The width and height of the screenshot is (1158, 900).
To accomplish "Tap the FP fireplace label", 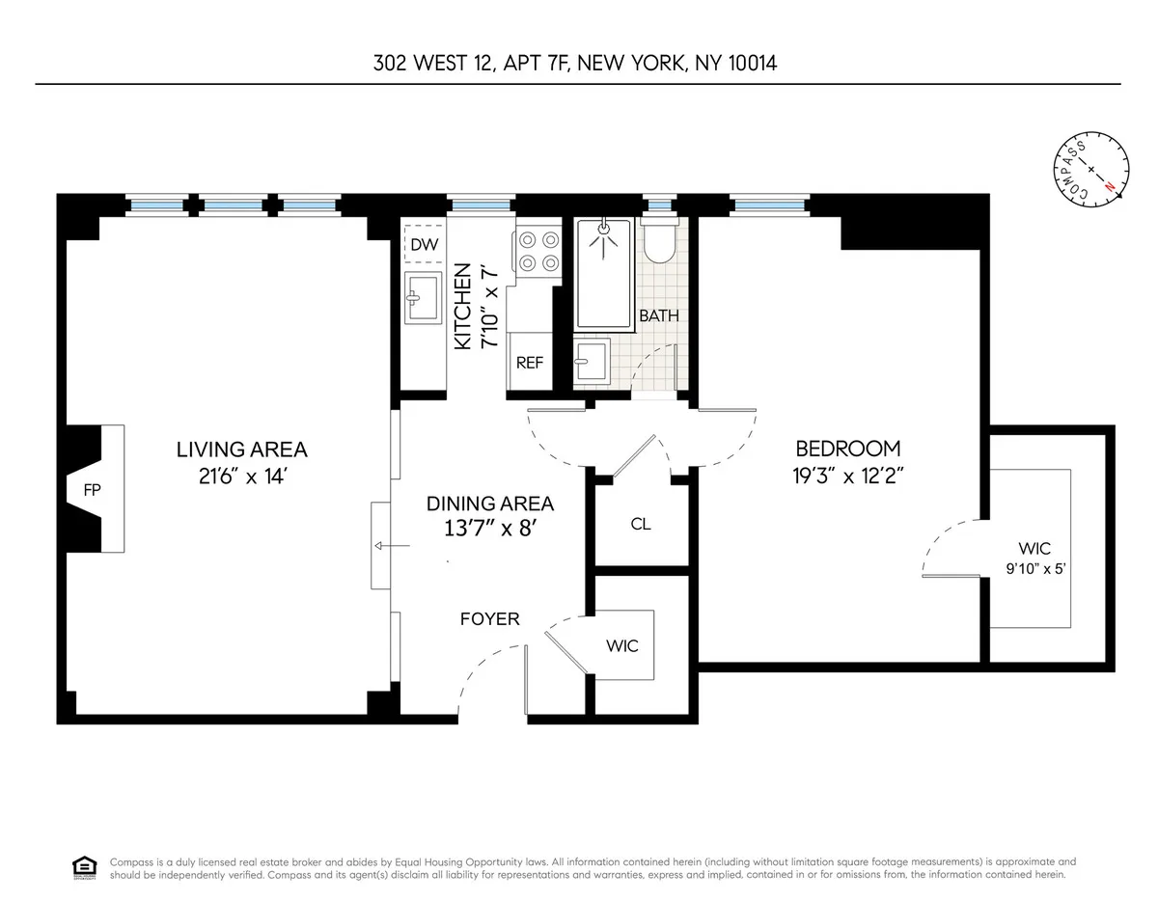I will click(x=93, y=489).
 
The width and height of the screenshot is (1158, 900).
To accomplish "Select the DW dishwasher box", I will click(x=424, y=245).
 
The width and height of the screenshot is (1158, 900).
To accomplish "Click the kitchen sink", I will click(x=423, y=296).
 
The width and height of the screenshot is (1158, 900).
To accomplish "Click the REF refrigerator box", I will click(x=529, y=363).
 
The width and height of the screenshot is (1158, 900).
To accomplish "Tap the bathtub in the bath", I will click(x=603, y=273).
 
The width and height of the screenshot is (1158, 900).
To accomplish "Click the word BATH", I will click(x=659, y=315).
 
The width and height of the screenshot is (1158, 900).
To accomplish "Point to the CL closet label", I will click(x=641, y=524).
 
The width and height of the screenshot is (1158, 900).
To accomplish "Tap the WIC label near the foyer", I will click(x=622, y=645).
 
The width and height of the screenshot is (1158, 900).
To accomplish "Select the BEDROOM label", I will click(x=847, y=449).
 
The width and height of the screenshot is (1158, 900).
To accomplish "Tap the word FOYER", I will click(x=489, y=618).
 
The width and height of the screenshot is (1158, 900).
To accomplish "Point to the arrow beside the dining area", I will click(x=392, y=547).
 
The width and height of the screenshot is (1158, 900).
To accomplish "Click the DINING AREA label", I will click(x=490, y=504).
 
